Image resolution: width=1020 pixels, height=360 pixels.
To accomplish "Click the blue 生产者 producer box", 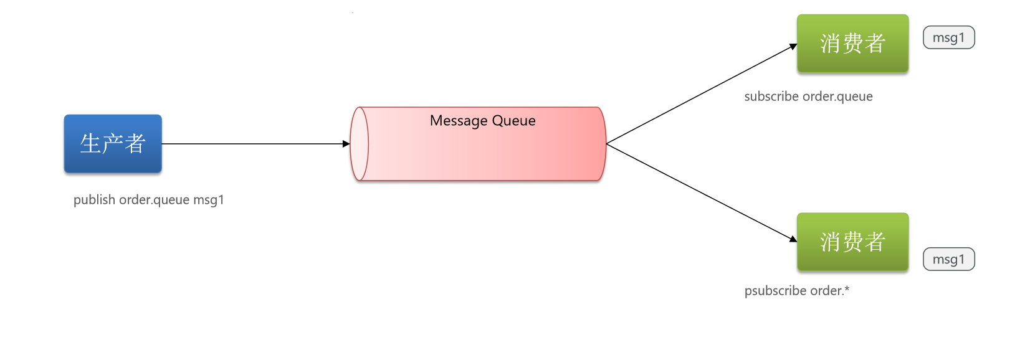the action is pos(113,143).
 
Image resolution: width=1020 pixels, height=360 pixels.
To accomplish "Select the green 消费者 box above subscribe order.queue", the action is pos(852,43).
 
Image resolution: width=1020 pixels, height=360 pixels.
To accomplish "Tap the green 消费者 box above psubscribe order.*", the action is pos(852,242).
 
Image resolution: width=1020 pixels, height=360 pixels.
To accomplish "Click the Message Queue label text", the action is pos(483,121).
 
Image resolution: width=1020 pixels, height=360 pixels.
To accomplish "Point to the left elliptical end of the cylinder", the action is pos(360,144).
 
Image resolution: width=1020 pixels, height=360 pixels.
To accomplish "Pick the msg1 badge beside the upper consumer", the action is pos(949,37).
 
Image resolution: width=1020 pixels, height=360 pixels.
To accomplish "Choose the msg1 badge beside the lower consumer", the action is pos(949,259).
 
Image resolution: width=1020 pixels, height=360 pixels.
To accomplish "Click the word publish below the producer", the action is pos(94,200).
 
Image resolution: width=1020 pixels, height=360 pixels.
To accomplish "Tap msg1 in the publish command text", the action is pos(209,200).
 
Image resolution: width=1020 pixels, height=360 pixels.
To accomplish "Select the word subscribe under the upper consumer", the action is pos(771,97).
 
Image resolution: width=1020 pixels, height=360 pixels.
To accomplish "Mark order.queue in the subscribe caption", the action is pos(837,97).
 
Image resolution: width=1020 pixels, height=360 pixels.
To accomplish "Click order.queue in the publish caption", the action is pos(154,201).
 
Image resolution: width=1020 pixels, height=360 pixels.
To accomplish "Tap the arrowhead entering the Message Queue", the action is pos(346,144).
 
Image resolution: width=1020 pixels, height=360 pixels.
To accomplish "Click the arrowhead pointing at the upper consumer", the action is pos(793,47).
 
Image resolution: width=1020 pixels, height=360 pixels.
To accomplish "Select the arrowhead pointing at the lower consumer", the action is pos(793,239).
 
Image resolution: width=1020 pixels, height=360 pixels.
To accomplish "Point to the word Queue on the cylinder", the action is pos(513,121).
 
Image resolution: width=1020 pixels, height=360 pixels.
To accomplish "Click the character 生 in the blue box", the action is pos(90,143).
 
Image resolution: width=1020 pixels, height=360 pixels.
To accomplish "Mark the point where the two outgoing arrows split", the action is pos(606,144).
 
